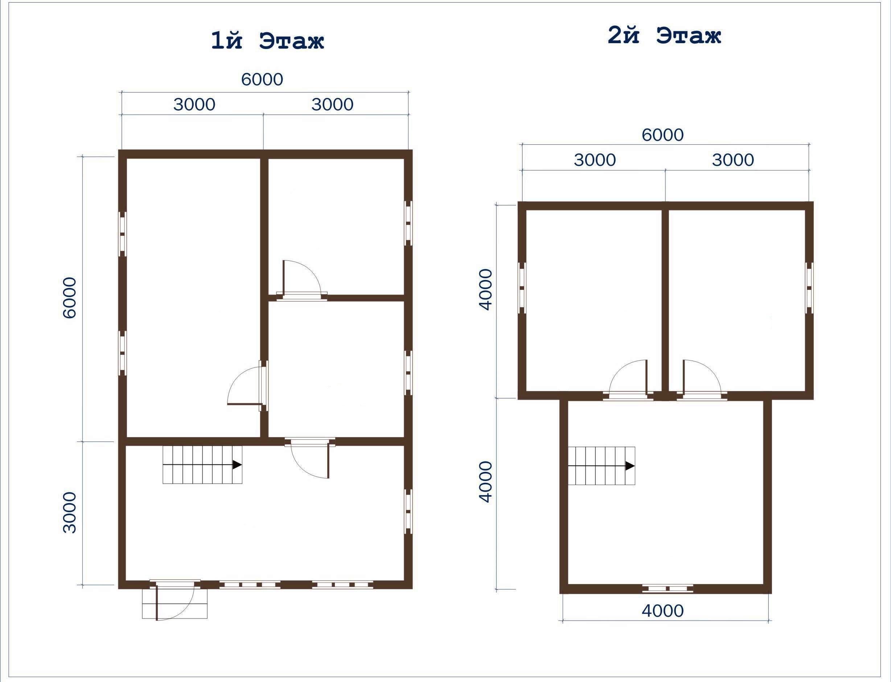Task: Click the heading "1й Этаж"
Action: (x=267, y=41)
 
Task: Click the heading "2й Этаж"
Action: (x=664, y=36)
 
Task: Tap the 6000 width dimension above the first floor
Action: (x=262, y=79)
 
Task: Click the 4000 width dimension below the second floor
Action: (x=662, y=611)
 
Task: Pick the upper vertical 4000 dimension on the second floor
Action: (x=485, y=289)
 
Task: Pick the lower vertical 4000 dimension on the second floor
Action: (x=485, y=481)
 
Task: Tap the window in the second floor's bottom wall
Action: (x=668, y=588)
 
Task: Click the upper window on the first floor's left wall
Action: (x=122, y=234)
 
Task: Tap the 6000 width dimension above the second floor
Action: (x=662, y=135)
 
